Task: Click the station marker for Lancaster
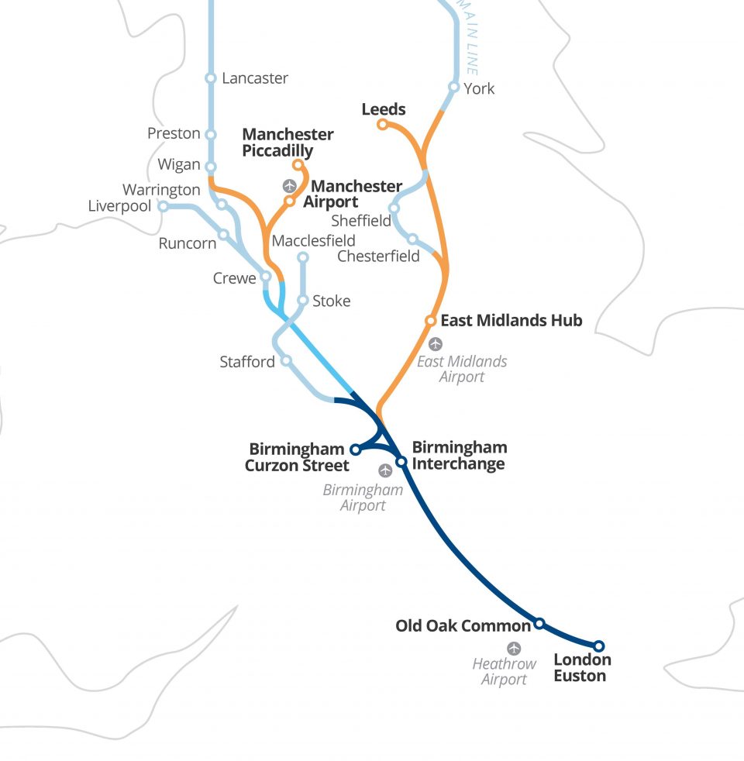tap(211, 78)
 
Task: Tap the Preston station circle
tap(211, 134)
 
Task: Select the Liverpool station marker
tap(164, 206)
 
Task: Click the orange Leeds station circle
tap(382, 125)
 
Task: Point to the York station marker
tap(454, 88)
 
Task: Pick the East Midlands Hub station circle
tap(430, 320)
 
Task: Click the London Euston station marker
tap(599, 646)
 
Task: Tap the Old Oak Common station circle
tap(539, 623)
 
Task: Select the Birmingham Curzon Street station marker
tap(355, 449)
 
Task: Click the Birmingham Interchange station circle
tap(401, 462)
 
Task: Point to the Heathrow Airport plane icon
tap(514, 649)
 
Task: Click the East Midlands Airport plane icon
tap(436, 344)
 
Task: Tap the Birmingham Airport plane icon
tap(385, 470)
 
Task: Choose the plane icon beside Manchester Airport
tap(290, 186)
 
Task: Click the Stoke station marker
tap(303, 301)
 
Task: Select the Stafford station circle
tap(287, 360)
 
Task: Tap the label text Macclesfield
tap(314, 241)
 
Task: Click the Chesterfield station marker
tap(412, 239)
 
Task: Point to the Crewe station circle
tap(266, 277)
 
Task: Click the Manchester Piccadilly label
tap(288, 143)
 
